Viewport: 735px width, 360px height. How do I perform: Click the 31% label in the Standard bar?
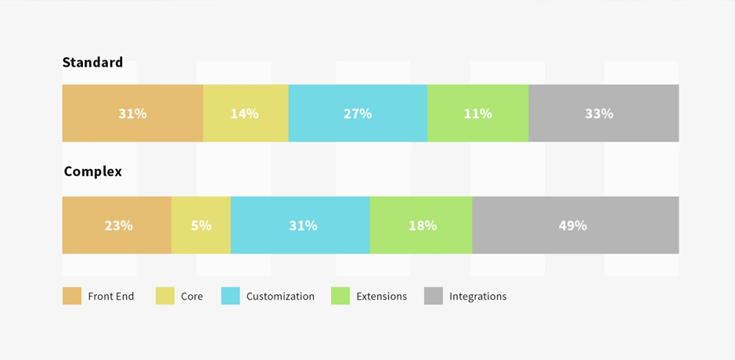132,113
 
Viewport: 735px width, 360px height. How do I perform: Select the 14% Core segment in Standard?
245,113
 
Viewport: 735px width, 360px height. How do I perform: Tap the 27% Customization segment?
358,113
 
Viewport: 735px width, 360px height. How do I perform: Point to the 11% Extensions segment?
477,113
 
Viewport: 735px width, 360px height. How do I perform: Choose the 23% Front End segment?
117,225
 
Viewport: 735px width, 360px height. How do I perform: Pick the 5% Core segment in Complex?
201,225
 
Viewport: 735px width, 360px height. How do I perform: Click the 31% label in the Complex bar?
303,225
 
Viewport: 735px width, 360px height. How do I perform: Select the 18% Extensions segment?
422,225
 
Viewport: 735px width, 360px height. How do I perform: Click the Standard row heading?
92,63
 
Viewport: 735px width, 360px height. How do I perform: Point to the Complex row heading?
92,171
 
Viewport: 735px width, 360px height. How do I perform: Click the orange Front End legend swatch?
72,296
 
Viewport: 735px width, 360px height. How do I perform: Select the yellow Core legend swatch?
165,296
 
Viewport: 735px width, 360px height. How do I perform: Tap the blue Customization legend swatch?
230,296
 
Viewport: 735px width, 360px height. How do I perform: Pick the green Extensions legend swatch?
340,296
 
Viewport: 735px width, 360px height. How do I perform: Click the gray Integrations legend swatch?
434,296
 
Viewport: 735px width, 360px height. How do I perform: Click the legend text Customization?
280,297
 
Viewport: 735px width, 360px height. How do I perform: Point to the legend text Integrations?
477,297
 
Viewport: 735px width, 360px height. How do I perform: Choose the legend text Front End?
111,297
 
